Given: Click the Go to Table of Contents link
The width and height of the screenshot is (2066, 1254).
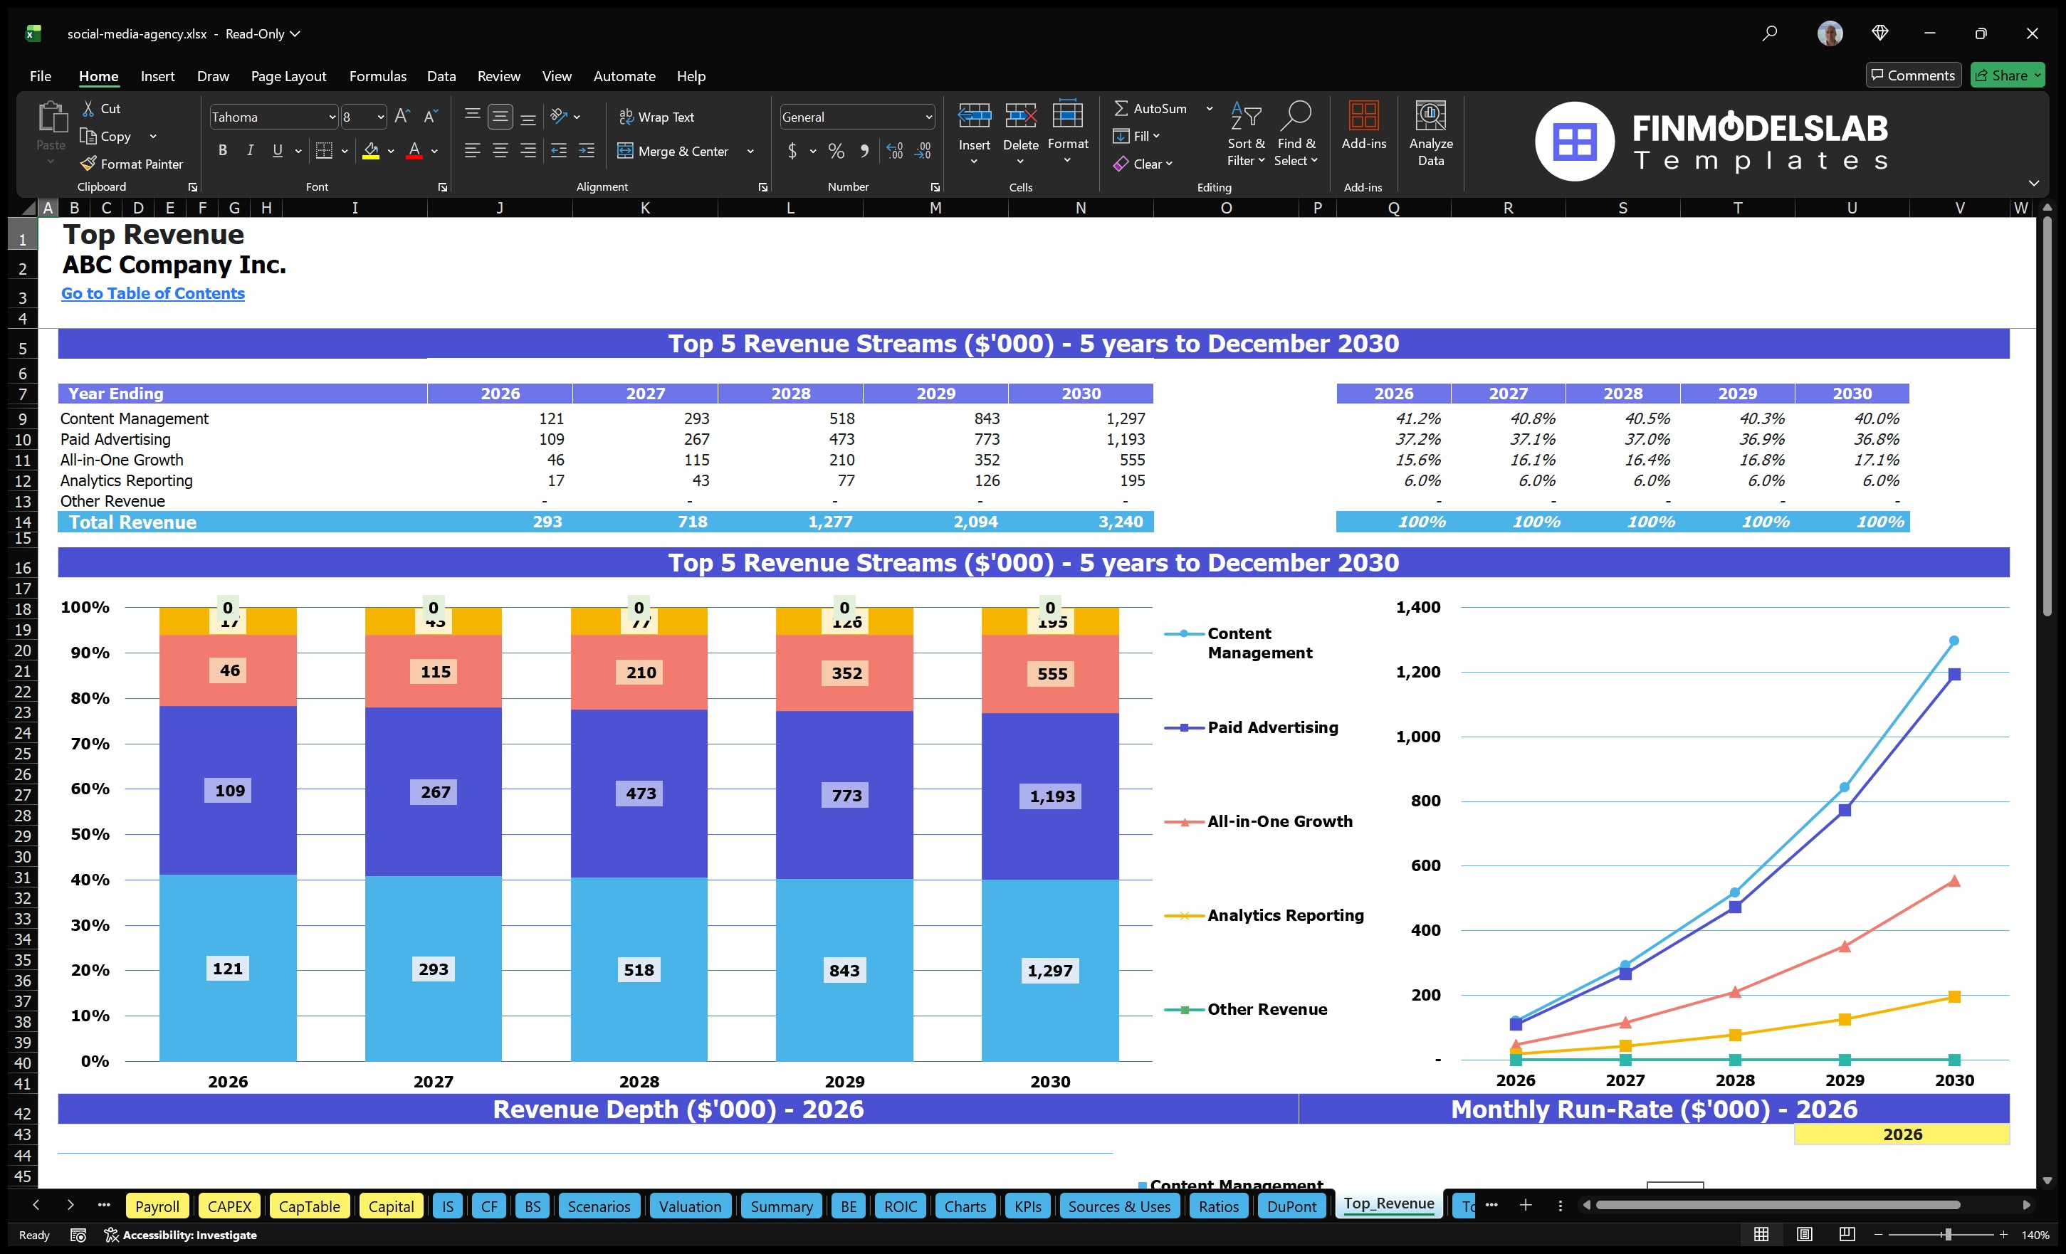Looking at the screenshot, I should [152, 293].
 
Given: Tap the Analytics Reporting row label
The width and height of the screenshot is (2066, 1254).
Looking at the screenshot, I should [127, 480].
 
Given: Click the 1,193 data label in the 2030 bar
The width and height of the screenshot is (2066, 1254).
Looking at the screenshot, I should [1052, 796].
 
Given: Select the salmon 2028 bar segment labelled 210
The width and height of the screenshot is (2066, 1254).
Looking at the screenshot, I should [641, 673].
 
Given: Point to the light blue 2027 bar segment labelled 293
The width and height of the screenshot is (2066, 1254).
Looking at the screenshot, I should [433, 969].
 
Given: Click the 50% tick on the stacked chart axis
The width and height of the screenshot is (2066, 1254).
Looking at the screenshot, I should [90, 834].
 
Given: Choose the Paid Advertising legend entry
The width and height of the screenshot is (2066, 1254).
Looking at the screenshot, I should [1272, 727].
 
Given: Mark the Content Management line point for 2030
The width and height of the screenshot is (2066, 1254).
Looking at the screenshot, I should [1954, 641].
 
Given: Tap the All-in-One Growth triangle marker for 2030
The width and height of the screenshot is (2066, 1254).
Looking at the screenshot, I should [1954, 881].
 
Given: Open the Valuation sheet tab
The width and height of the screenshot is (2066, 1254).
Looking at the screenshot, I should [689, 1206].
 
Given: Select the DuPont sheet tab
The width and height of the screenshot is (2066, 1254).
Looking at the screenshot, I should [1291, 1206].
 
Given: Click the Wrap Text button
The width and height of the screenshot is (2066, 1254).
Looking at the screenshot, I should [656, 117].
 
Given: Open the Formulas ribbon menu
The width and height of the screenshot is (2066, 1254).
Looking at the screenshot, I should [377, 76].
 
